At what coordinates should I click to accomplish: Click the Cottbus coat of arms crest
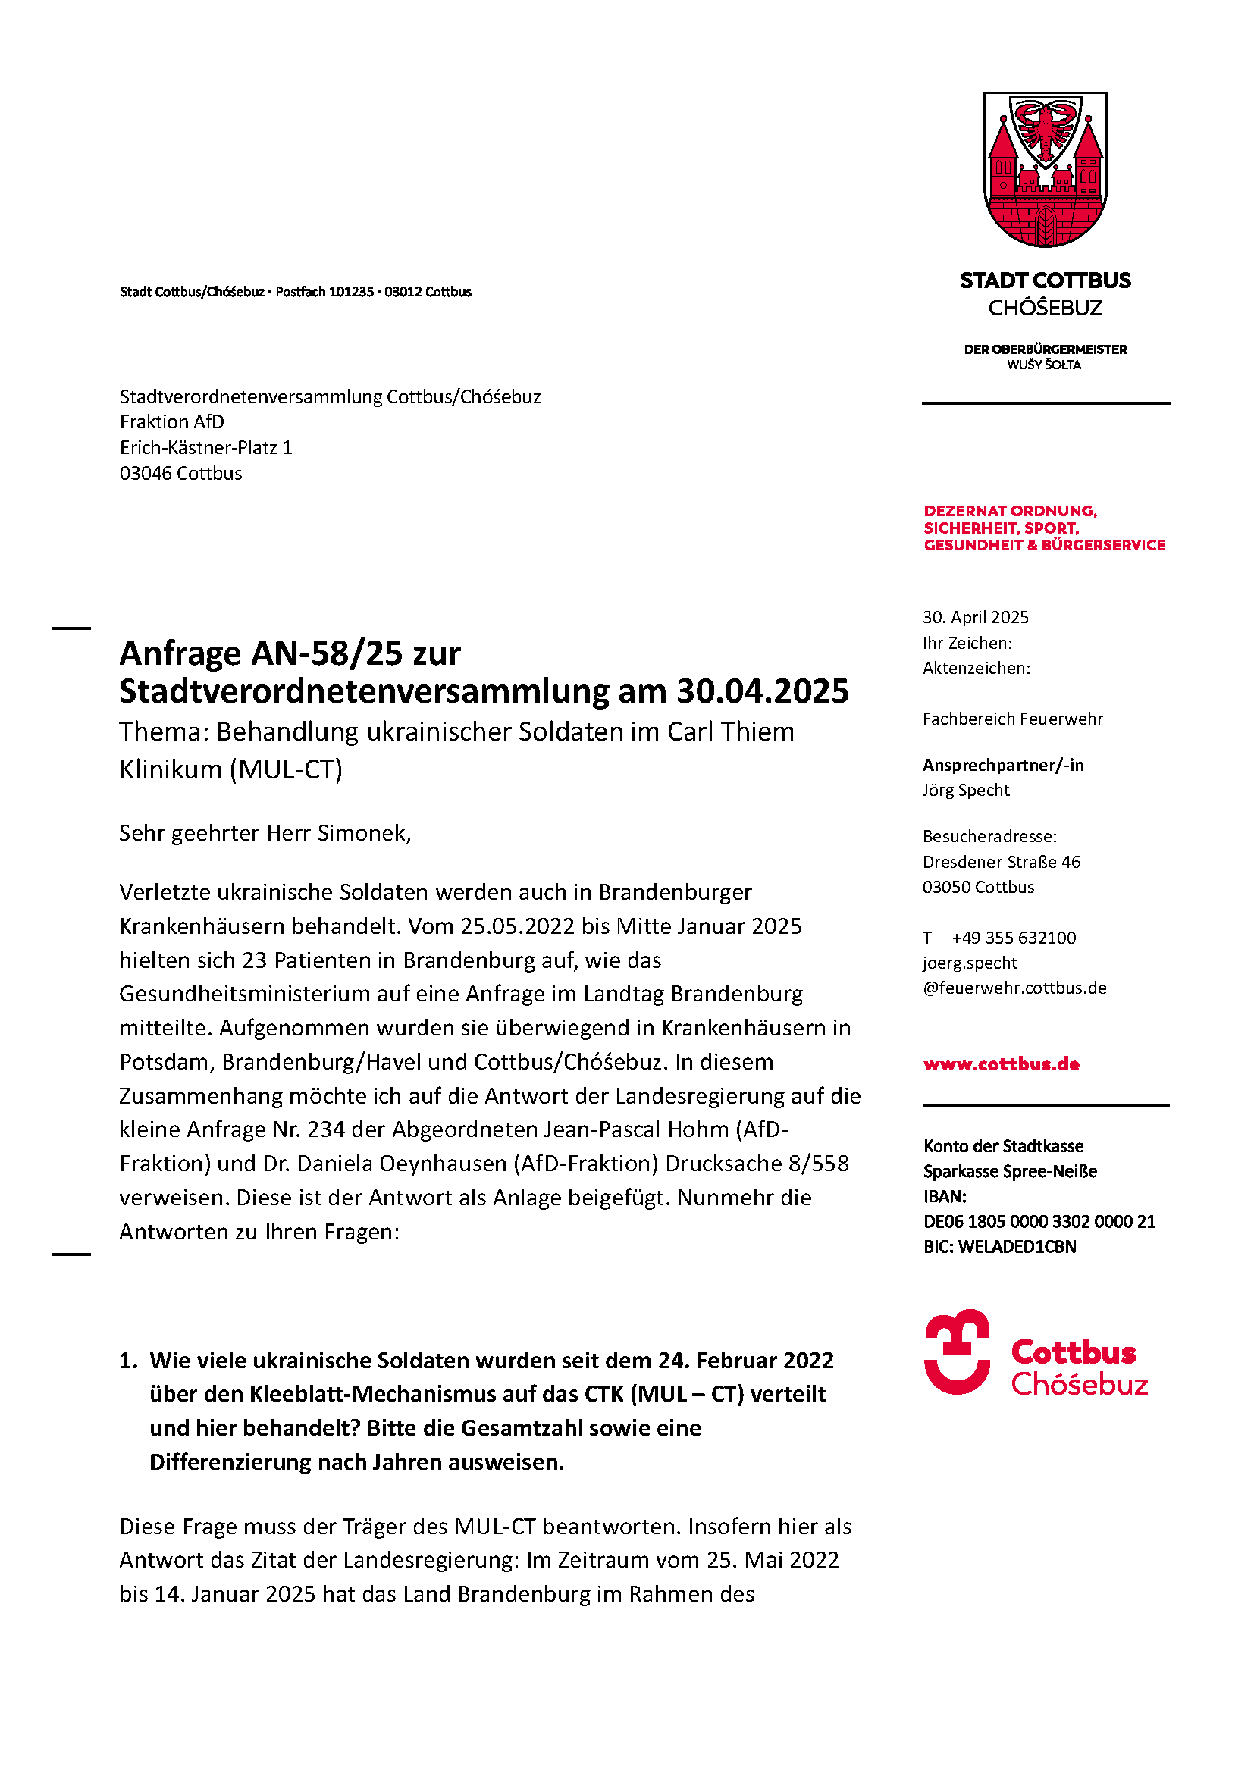click(1045, 168)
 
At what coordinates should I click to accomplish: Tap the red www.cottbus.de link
click(1001, 1063)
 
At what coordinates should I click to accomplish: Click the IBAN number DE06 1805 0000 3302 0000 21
click(1039, 1221)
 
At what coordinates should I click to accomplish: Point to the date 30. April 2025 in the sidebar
click(975, 617)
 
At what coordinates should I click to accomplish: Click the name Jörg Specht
click(966, 790)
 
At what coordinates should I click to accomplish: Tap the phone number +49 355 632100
click(1013, 938)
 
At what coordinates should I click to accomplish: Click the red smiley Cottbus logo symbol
click(957, 1352)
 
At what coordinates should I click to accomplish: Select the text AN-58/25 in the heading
click(327, 653)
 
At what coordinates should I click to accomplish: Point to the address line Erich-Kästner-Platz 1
click(206, 448)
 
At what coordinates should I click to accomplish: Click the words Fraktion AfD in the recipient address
click(172, 421)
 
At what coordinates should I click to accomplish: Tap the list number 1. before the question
click(128, 1360)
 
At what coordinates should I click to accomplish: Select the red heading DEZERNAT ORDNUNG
click(1010, 511)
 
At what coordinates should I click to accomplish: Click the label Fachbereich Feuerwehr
click(1012, 719)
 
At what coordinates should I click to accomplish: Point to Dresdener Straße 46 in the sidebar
click(1002, 862)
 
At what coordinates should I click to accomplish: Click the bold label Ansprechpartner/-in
click(1003, 765)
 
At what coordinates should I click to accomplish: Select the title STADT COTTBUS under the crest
click(1045, 280)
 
